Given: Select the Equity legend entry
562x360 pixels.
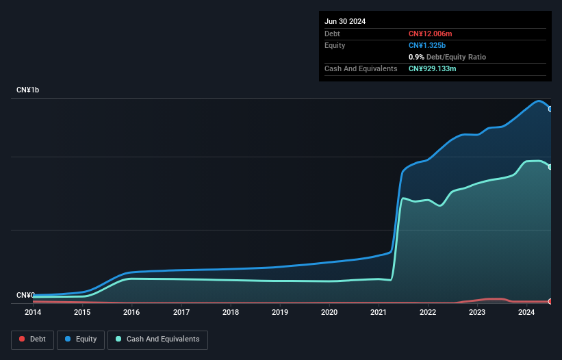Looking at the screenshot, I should click(81, 339).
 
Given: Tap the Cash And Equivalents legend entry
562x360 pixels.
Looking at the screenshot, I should click(157, 339).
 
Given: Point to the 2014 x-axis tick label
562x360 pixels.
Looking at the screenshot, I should click(33, 313).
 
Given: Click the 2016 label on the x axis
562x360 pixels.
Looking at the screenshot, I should click(131, 313).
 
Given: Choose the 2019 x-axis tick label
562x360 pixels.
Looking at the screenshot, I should click(280, 313).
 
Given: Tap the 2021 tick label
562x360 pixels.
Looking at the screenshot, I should click(379, 313).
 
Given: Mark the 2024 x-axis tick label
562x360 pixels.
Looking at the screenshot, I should click(526, 313).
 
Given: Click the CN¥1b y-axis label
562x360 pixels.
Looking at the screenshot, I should click(28, 90).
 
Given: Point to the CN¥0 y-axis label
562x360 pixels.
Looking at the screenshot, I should click(25, 296).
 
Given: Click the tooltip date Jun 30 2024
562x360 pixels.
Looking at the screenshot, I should click(345, 21).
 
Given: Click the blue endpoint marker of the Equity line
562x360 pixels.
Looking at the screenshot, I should click(550, 109).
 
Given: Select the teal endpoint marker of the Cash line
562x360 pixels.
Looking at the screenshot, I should click(550, 167).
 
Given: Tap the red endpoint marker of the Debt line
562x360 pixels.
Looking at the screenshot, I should click(550, 301).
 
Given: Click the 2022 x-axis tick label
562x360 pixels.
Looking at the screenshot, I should click(428, 313).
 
